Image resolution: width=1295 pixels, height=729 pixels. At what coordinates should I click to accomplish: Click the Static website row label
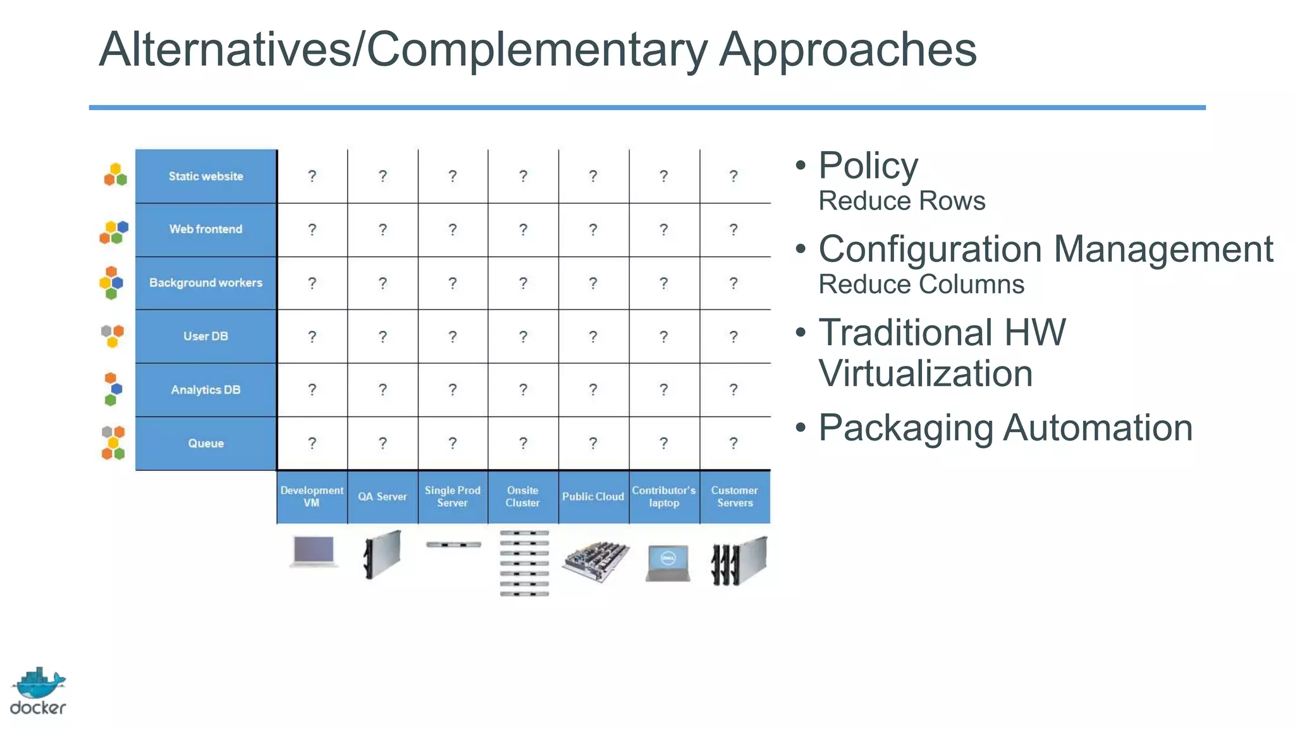tap(206, 177)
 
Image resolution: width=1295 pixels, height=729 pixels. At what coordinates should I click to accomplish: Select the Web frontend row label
tap(206, 229)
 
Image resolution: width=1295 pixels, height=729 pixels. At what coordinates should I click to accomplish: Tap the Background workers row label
tap(206, 283)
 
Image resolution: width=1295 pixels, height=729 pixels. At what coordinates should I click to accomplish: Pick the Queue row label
tap(206, 444)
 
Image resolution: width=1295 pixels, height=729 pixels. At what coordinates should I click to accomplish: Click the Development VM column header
tap(312, 497)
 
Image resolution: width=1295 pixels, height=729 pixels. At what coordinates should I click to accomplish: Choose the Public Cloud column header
tap(593, 497)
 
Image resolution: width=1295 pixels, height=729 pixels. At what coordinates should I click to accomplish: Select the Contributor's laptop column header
tap(664, 497)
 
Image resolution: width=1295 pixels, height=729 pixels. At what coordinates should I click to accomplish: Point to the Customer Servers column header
tap(735, 497)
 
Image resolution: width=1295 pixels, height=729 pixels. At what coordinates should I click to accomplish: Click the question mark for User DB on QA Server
tap(383, 337)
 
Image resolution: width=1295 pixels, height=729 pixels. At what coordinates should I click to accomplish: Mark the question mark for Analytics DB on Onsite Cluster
tap(523, 390)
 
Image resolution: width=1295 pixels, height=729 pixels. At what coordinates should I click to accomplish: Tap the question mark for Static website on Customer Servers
tap(733, 176)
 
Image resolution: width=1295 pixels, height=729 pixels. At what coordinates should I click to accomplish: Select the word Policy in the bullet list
tap(868, 166)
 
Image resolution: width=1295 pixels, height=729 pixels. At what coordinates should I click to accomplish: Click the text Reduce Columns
tap(921, 285)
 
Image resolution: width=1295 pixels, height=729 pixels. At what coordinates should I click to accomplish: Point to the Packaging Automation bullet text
tap(1005, 428)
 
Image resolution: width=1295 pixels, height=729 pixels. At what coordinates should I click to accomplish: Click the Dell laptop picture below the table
tap(668, 563)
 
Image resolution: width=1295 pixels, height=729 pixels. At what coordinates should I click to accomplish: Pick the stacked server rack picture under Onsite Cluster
tap(524, 563)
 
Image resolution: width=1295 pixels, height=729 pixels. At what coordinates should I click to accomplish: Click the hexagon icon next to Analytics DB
tap(113, 389)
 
